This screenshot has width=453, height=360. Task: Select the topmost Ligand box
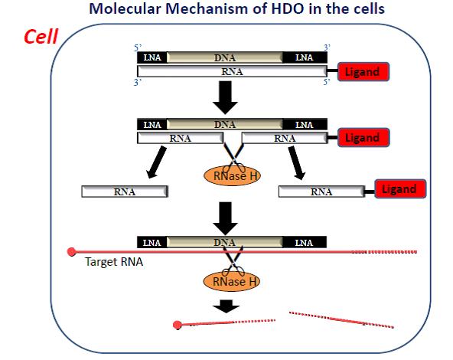361,72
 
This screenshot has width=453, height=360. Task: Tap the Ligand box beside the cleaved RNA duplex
362,138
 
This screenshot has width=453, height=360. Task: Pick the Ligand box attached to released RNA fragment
398,189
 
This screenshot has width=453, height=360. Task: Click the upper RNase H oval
230,175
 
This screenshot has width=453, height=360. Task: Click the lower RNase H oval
230,281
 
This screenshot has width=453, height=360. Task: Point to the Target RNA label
114,262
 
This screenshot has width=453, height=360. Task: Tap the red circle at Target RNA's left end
72,250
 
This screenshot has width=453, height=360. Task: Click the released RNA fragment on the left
124,191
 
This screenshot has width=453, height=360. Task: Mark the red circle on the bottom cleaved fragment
178,326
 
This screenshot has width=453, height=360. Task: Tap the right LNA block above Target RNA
305,242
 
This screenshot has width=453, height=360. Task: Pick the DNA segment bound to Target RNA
225,242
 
